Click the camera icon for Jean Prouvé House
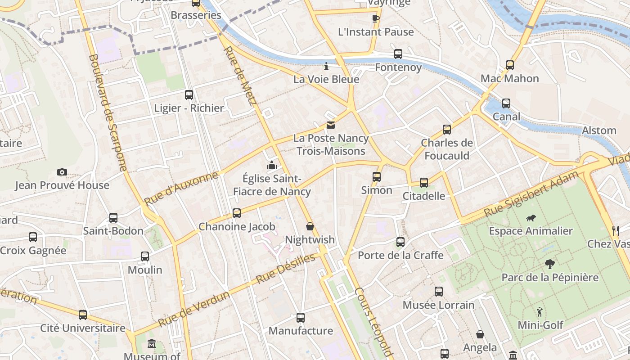coord(62,172)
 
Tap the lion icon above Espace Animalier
coord(531,218)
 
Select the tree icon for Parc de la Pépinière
coord(549,264)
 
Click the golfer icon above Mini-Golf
coord(540,311)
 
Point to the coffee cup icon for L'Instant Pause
coord(375,18)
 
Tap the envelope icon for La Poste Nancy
coord(331,125)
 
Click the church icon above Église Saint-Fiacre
coord(271,165)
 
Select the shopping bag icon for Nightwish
coord(310,226)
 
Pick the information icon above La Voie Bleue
coord(326,67)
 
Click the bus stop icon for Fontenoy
coord(398,54)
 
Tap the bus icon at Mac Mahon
coord(509,65)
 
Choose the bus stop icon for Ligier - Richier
coord(189,94)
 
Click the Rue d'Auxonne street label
coord(181,188)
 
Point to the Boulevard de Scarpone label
coord(108,112)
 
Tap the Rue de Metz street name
coord(240,76)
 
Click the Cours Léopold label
coord(373,322)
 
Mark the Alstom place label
coord(599,130)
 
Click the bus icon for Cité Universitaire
coord(83,315)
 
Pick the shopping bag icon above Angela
coord(480,334)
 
